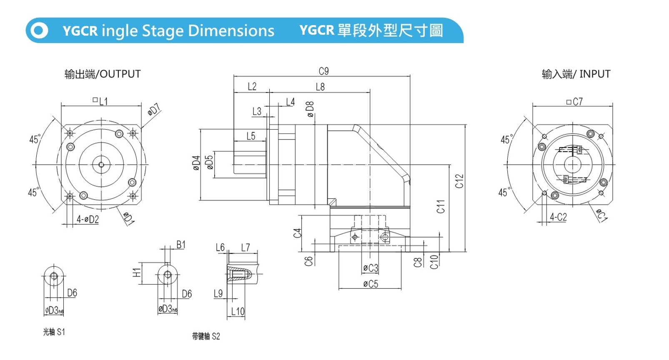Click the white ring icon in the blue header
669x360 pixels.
(39, 30)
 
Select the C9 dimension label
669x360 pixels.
(323, 71)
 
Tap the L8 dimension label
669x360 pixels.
(320, 87)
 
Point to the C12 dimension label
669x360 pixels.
(459, 181)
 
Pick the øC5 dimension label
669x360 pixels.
(370, 284)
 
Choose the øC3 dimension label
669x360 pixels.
(370, 268)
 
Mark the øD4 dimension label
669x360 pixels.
(196, 163)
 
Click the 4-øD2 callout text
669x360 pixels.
(88, 220)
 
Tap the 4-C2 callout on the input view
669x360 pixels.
(558, 217)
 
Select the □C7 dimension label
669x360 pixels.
(574, 102)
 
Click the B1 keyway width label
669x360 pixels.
(180, 245)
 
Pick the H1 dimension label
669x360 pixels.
(136, 273)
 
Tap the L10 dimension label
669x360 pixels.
(238, 311)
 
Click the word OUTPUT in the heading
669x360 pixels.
(120, 74)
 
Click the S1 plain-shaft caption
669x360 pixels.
(54, 332)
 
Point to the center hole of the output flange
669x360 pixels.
(101, 165)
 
